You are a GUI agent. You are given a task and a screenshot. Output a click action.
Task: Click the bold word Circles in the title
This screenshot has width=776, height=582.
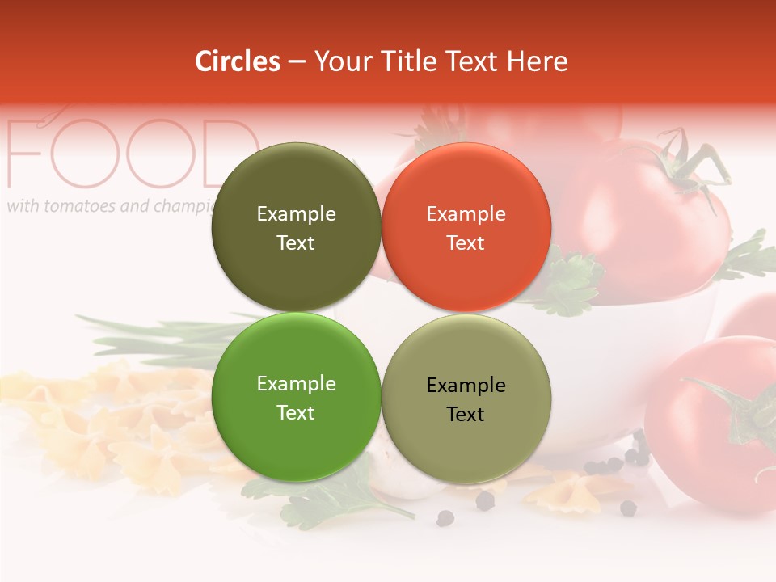click(237, 61)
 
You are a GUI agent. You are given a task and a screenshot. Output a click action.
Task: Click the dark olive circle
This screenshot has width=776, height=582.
click(296, 227)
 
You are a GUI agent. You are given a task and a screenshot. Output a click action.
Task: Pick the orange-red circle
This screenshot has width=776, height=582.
click(466, 227)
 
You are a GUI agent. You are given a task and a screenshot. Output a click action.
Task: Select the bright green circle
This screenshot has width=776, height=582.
click(296, 397)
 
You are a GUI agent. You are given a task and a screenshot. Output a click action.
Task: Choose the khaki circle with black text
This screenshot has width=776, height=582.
click(466, 399)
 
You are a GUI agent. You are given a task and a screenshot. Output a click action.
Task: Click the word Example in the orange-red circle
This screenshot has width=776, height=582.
click(466, 213)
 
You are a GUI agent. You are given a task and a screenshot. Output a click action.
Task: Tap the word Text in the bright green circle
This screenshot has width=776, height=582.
click(296, 412)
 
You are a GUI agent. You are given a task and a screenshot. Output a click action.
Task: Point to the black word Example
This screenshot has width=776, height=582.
click(466, 385)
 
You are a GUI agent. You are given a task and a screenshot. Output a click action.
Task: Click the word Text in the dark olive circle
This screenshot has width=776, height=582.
click(296, 242)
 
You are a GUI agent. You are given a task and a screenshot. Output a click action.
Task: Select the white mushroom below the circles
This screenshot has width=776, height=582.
click(404, 481)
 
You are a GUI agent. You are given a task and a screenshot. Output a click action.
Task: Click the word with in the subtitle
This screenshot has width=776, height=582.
click(23, 206)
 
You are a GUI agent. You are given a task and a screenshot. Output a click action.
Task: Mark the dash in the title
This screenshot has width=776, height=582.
click(297, 61)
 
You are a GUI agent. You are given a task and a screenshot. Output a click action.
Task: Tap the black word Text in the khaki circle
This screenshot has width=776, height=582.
click(466, 414)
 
